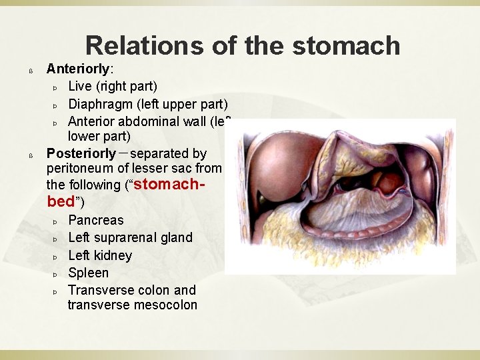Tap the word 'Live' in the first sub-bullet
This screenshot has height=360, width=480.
click(81, 86)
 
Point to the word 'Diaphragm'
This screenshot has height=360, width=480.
click(101, 104)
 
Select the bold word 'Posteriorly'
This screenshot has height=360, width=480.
click(80, 154)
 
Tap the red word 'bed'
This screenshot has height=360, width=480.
click(63, 201)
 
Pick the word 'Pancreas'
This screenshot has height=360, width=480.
click(96, 220)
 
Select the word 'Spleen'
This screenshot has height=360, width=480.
click(88, 273)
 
